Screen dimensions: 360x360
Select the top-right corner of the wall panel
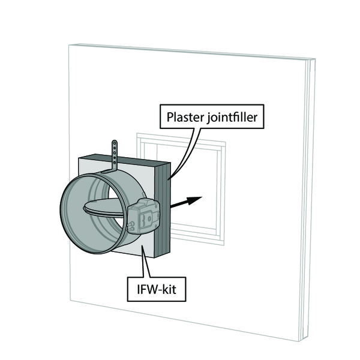[x=313, y=59]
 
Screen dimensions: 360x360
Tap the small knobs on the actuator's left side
[x=131, y=226]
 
